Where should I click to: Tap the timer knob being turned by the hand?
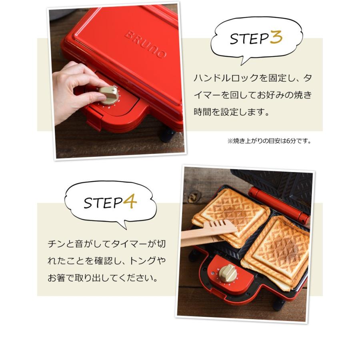tap(108, 94)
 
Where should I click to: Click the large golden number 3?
tap(276, 38)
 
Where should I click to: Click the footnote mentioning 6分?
tap(269, 141)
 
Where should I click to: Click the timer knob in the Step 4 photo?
tap(228, 273)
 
